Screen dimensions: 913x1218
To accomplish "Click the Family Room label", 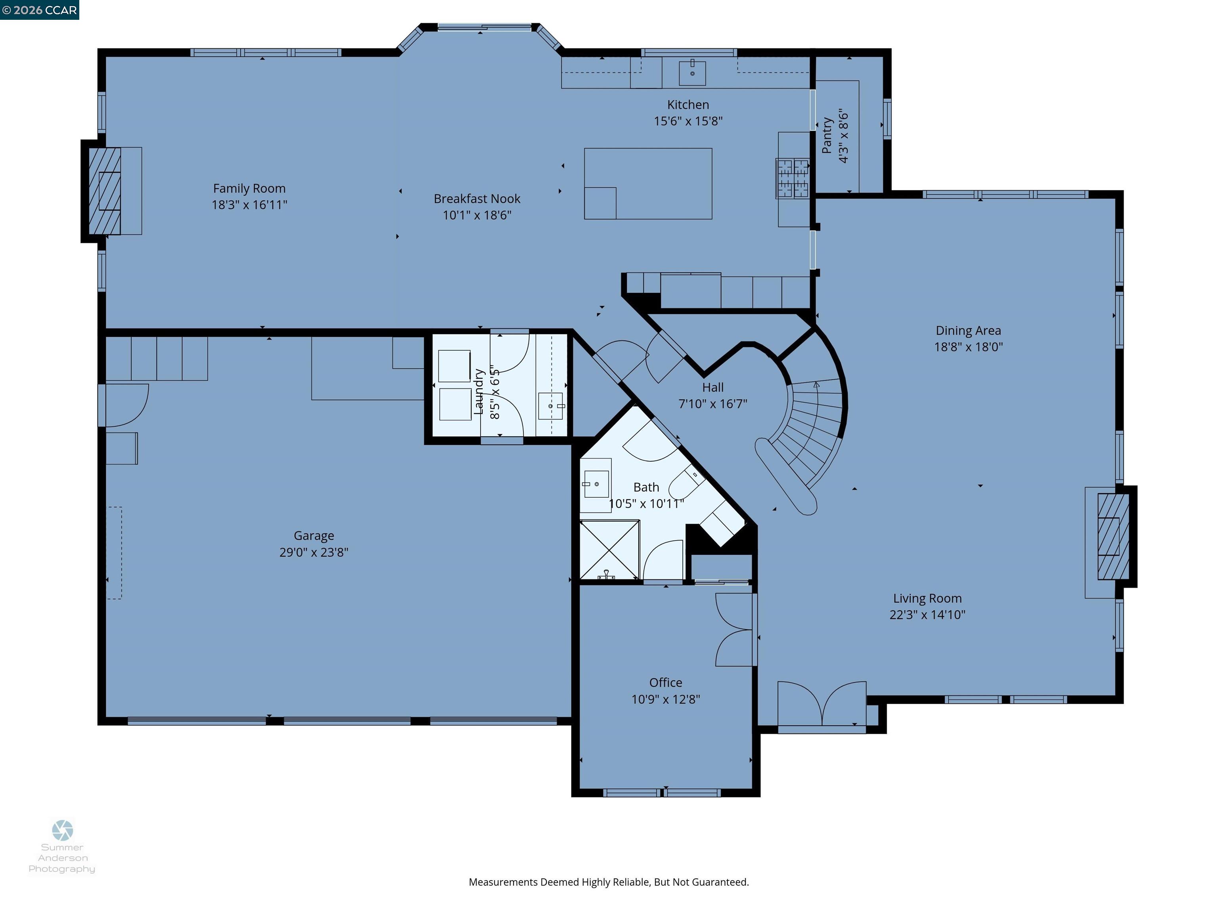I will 249,189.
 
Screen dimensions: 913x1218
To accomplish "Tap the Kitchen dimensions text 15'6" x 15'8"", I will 688,121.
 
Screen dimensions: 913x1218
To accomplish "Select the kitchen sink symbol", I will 692,73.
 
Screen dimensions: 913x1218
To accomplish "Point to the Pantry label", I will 827,136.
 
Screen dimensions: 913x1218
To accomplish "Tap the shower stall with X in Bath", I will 609,550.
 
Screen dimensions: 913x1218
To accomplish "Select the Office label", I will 665,682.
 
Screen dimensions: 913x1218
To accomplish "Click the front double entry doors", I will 822,705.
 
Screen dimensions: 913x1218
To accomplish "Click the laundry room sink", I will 550,406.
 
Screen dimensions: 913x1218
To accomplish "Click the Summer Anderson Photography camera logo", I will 62,830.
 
